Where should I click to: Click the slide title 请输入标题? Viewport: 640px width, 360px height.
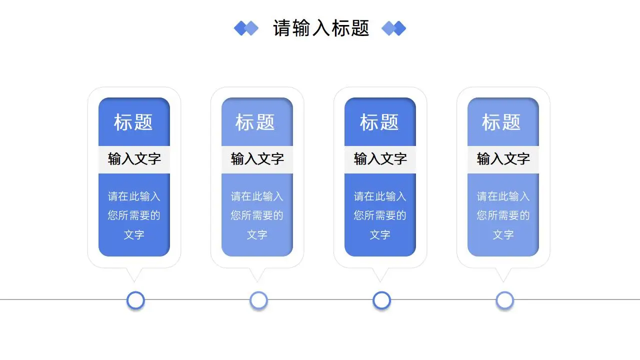coord(321,28)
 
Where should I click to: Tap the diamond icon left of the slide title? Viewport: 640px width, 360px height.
coord(246,28)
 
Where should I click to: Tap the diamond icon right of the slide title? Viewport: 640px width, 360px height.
coord(394,28)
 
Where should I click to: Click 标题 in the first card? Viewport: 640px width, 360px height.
coord(133,122)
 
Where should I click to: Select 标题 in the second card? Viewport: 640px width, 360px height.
coord(255,122)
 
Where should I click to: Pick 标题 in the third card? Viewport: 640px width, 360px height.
coord(379,122)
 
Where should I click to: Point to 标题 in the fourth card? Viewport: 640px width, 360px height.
coord(501,122)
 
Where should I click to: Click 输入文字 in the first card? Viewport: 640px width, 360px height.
coord(134,159)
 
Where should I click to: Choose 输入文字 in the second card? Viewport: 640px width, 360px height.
coord(257,159)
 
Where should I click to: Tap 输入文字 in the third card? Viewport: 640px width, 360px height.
coord(380,159)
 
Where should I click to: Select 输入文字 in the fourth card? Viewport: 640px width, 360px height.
coord(503,159)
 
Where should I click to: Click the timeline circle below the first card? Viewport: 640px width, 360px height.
coord(135,300)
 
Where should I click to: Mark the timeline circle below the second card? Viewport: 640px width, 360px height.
coord(258,300)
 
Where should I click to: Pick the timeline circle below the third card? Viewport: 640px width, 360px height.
coord(381,300)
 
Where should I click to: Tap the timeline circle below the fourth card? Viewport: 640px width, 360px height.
coord(505,300)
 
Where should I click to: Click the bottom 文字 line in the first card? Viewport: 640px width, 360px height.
coord(134,234)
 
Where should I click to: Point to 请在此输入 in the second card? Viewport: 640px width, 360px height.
coord(257,196)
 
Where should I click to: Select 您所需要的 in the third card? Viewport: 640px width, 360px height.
coord(380,215)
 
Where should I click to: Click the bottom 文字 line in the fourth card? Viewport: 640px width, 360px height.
coord(503,234)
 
